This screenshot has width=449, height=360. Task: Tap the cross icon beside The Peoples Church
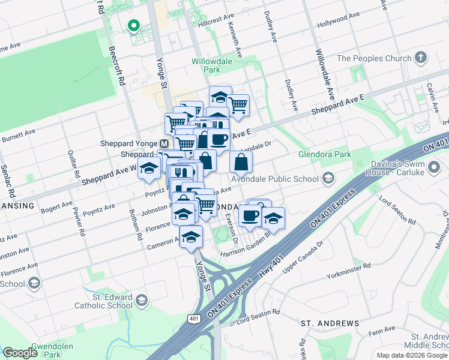click(x=421, y=58)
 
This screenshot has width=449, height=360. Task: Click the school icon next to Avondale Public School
click(x=328, y=177)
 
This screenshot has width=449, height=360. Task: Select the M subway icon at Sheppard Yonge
click(x=164, y=144)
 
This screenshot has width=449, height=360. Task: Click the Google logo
click(x=20, y=353)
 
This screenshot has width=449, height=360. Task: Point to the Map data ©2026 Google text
click(x=412, y=355)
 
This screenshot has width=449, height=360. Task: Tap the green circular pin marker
click(x=133, y=26)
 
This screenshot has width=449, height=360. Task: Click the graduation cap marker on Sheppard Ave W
click(x=148, y=170)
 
